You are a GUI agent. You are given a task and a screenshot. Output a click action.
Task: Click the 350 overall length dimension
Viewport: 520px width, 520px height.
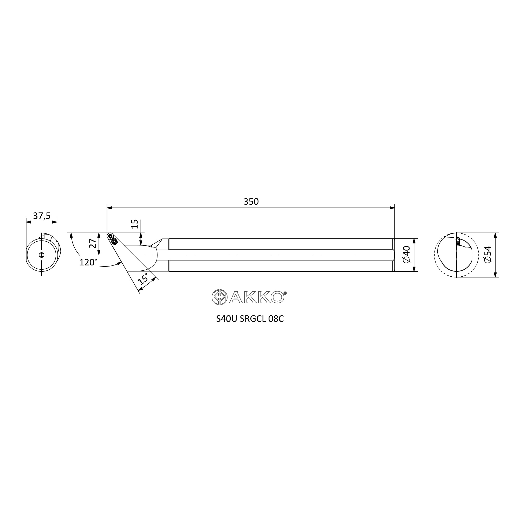tap(251, 201)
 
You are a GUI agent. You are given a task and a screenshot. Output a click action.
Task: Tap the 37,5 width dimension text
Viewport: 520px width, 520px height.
tap(42, 216)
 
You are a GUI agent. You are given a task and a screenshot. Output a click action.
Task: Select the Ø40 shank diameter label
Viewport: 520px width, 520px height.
tap(406, 255)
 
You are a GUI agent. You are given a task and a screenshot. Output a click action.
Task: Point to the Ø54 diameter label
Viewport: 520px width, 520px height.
tap(487, 255)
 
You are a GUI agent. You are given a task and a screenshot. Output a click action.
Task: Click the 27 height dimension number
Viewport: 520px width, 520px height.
tap(93, 243)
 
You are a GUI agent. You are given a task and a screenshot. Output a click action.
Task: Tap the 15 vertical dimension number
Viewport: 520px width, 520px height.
tap(135, 224)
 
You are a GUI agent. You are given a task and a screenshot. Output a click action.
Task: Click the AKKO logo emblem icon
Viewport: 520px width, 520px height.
tap(219, 297)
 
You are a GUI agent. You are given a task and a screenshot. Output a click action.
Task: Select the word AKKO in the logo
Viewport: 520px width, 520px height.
tap(257, 297)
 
